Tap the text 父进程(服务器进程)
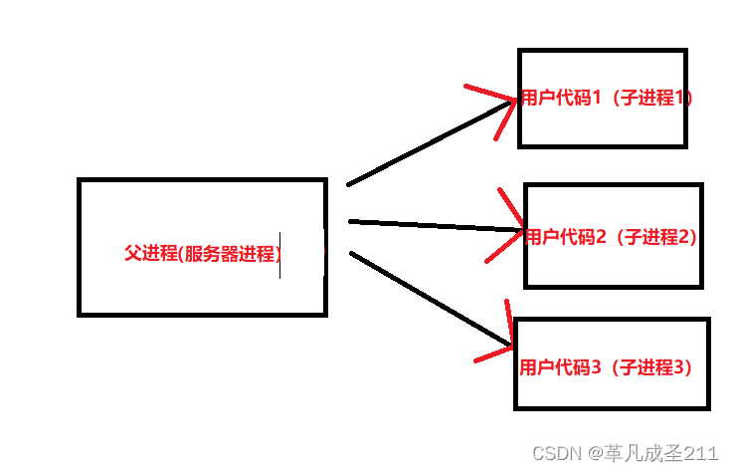202,253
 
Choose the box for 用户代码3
612,388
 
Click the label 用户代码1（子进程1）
606,99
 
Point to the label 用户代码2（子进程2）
611,237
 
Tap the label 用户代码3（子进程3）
606,367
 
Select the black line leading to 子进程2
433,226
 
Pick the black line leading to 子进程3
428,298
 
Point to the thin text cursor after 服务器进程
279,255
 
